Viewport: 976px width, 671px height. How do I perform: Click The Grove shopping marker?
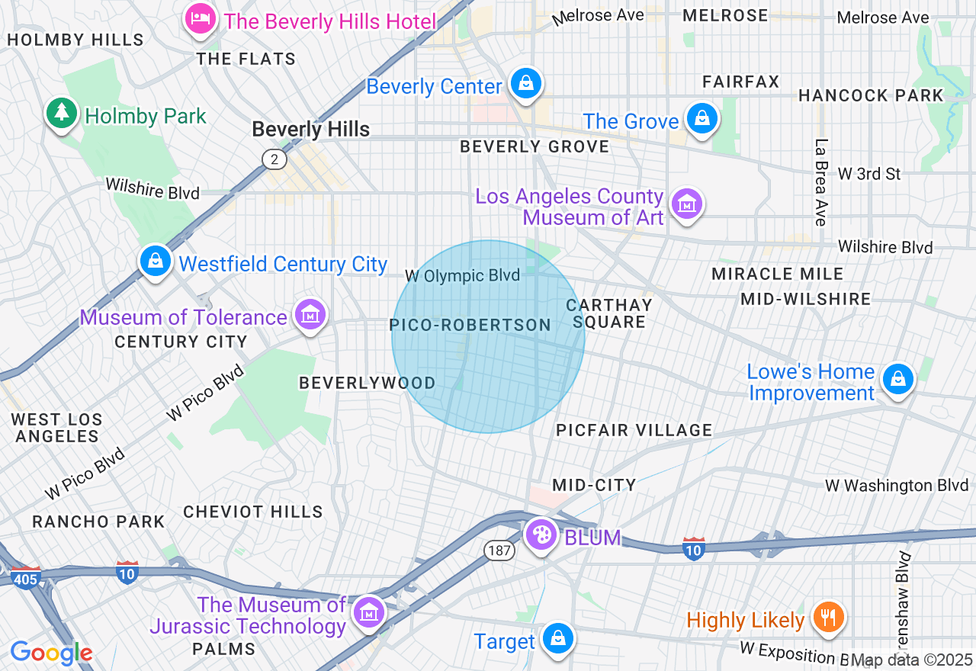point(701,118)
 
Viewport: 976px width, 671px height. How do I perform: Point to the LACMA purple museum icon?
point(687,204)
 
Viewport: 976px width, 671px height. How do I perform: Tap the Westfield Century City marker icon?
point(156,261)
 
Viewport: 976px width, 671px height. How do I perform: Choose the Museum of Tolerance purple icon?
point(310,314)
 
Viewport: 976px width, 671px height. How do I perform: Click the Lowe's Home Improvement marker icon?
point(897,378)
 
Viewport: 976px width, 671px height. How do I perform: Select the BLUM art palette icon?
point(541,535)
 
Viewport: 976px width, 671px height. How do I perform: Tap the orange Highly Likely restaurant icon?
point(827,616)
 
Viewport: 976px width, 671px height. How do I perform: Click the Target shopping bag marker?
point(558,637)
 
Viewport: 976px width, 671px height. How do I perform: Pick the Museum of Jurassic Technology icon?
point(368,612)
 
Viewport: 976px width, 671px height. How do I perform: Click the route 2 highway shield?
point(274,159)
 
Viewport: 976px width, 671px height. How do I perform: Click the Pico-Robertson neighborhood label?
point(470,326)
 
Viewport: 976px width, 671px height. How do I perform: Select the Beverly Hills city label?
point(310,130)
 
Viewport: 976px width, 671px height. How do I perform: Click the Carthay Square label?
point(608,313)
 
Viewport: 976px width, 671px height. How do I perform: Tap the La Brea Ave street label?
point(820,182)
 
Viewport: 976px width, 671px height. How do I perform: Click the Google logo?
point(51,653)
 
